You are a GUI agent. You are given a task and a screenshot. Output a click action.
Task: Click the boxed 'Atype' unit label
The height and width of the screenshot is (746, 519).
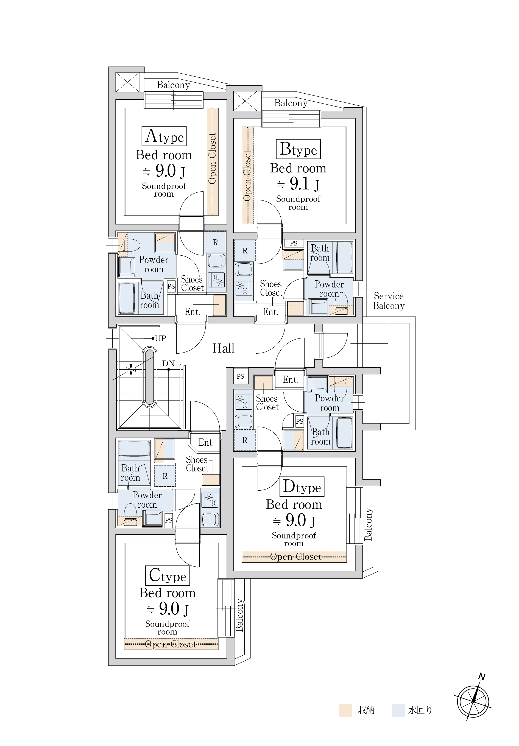(164, 136)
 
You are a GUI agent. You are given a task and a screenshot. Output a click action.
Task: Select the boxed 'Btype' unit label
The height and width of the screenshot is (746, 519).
(298, 149)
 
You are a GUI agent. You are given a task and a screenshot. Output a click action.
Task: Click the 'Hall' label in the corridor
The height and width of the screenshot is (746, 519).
(223, 348)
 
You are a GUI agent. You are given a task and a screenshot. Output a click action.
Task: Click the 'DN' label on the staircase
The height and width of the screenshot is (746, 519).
(168, 363)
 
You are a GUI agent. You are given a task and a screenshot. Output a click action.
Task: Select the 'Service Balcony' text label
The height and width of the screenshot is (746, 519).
(389, 301)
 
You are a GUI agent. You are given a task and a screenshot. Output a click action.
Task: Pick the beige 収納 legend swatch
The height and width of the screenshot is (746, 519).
(345, 710)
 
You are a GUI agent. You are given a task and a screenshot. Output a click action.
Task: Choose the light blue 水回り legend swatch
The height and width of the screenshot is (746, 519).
(398, 710)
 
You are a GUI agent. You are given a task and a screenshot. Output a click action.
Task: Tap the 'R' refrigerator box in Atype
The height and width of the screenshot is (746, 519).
(215, 242)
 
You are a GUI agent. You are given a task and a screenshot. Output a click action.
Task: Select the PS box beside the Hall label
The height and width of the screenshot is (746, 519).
(241, 376)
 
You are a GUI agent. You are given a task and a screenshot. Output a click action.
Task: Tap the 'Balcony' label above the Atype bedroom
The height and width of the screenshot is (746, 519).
(173, 85)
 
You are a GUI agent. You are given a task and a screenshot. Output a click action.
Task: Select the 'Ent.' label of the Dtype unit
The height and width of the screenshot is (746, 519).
(290, 379)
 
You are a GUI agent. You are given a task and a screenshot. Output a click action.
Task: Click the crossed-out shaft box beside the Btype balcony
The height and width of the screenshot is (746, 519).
(245, 101)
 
